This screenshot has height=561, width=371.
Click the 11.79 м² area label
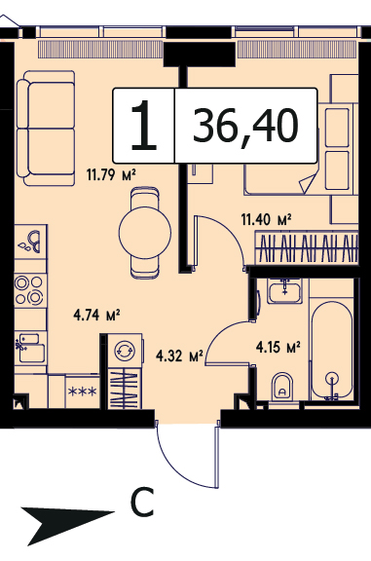111,175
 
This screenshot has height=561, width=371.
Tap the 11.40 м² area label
266,219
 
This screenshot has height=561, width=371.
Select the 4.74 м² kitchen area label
96,316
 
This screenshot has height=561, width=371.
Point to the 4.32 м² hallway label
179,356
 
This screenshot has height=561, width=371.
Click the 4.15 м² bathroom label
278,347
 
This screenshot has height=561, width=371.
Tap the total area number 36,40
245,126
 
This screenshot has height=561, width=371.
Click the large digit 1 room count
143,125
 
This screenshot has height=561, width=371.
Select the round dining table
145,233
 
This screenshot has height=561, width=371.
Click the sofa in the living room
46,129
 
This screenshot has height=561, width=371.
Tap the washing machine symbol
125,350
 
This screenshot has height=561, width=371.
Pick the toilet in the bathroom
282,387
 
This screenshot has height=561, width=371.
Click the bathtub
331,351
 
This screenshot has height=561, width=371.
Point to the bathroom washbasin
284,291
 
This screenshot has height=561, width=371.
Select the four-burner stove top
29,290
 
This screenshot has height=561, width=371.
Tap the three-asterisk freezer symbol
83,393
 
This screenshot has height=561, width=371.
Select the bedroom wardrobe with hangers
306,247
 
